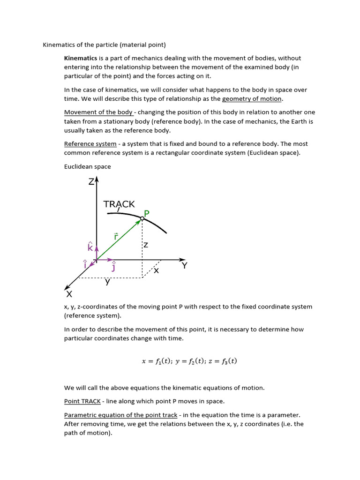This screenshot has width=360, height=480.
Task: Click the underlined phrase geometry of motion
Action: tap(252, 99)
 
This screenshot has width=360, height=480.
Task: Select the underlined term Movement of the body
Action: tap(98, 112)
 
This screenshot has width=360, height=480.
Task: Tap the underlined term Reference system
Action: tap(90, 144)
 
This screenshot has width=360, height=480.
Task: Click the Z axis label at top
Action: tap(91, 181)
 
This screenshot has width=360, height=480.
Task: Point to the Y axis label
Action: tap(184, 266)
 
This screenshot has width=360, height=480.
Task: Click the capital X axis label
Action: tap(69, 294)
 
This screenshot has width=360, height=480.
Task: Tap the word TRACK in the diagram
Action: tap(119, 204)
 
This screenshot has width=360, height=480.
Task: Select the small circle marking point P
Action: tap(142, 218)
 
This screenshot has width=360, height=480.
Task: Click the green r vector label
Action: tap(116, 236)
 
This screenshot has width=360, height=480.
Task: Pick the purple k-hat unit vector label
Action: tap(90, 247)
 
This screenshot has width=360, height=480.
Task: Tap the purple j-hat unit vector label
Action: tap(113, 267)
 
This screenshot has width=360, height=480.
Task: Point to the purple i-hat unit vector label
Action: tap(85, 264)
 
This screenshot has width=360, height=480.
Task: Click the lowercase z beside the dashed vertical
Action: tap(146, 245)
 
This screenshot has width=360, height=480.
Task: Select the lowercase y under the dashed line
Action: tap(108, 282)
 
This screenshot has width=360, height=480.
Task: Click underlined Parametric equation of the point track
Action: tap(120, 415)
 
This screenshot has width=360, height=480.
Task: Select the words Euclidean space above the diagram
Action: tap(88, 166)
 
